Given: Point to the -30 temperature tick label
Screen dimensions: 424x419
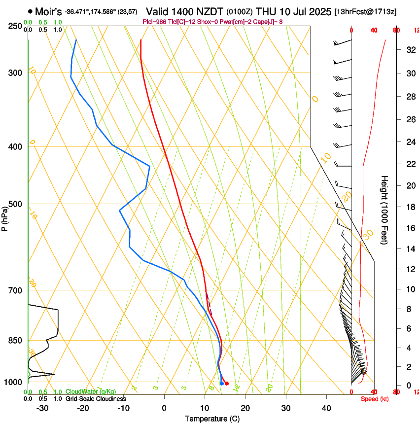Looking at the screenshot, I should click(42, 408).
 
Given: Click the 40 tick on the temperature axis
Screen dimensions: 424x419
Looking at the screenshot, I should click(326, 408).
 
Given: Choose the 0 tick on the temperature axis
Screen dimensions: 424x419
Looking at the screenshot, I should click(164, 408).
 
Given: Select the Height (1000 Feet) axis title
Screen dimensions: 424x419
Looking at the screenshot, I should click(384, 210).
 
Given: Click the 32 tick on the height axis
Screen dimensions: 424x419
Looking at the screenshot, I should click(410, 50).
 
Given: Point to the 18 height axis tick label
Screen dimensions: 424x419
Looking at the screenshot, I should click(410, 207).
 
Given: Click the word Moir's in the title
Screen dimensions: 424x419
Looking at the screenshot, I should click(48, 11).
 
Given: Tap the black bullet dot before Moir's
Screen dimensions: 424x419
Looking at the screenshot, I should click(31, 11).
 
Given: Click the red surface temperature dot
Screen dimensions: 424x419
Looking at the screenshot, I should click(227, 383).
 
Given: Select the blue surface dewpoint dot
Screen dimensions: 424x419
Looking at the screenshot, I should click(222, 383).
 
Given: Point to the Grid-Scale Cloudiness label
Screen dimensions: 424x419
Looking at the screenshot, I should click(96, 399).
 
